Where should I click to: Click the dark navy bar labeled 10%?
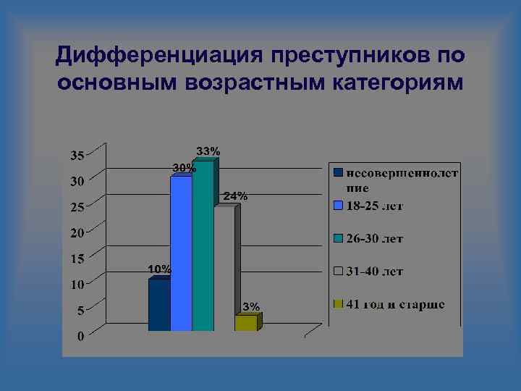pyautogui.click(x=159, y=305)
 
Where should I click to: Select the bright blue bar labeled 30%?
pyautogui.click(x=181, y=253)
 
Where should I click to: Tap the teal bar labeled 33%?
pyautogui.click(x=203, y=246)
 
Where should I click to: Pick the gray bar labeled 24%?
pyautogui.click(x=224, y=268)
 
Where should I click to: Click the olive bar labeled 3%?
pyautogui.click(x=245, y=323)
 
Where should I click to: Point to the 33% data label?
pyautogui.click(x=209, y=151)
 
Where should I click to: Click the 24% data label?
pyautogui.click(x=235, y=195)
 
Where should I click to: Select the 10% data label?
pyautogui.click(x=159, y=269)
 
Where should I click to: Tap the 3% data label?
pyautogui.click(x=251, y=306)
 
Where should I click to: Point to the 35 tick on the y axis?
pyautogui.click(x=76, y=155)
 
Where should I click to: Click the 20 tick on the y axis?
pyautogui.click(x=76, y=232)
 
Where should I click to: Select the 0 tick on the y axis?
pyautogui.click(x=80, y=336)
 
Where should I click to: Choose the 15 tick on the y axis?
pyautogui.click(x=76, y=258)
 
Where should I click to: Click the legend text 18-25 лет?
pyautogui.click(x=375, y=206)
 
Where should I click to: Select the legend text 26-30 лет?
pyautogui.click(x=375, y=238)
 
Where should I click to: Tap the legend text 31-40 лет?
pyautogui.click(x=375, y=272)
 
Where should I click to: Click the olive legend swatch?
pyautogui.click(x=338, y=304)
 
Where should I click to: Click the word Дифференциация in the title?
pyautogui.click(x=155, y=55)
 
